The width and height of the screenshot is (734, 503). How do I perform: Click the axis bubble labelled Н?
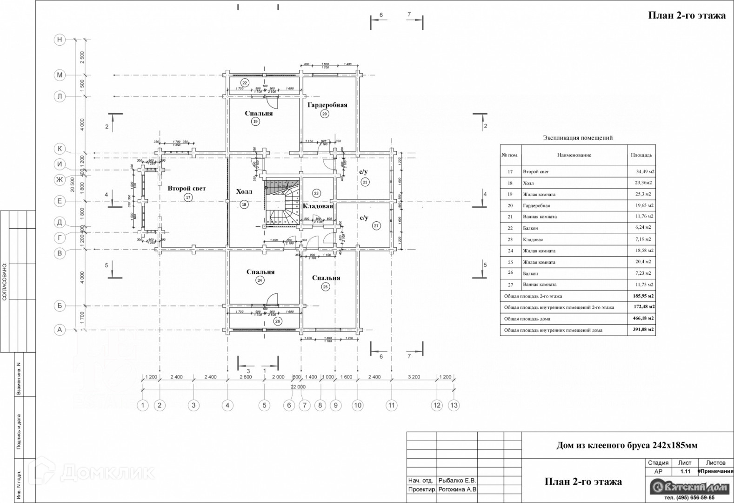click(59, 40)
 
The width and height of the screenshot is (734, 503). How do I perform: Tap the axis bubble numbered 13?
click(454, 405)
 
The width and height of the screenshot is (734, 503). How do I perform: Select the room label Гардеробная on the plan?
click(327, 105)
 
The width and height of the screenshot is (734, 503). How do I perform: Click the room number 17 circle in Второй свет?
click(188, 197)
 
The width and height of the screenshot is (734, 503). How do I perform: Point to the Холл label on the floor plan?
click(244, 192)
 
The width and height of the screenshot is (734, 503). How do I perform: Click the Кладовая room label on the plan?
click(318, 206)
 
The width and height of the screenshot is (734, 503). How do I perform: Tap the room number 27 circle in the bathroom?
click(376, 226)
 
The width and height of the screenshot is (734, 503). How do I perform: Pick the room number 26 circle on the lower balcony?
click(278, 321)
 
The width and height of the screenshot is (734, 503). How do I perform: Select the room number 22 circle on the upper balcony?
click(245, 83)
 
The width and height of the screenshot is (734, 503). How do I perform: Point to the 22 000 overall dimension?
click(298, 387)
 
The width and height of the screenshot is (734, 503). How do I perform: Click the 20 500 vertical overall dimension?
click(73, 184)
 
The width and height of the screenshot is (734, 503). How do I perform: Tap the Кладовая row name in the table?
click(533, 239)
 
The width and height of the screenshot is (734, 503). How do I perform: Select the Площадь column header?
click(641, 155)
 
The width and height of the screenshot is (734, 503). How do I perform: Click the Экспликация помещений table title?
click(578, 138)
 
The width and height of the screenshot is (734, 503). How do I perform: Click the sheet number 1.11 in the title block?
click(685, 471)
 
